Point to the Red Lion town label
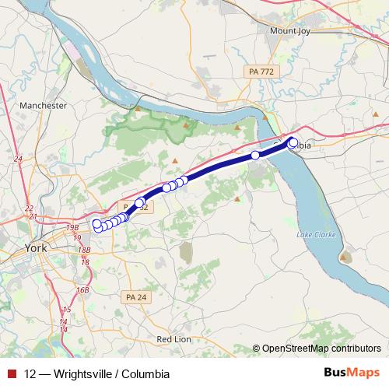[x=174, y=339]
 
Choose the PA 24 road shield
[x=135, y=296]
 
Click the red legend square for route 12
[x=11, y=373]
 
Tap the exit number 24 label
[x=18, y=159]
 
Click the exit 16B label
[x=82, y=290]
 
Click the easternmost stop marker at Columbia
[x=293, y=142]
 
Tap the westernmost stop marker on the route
[x=97, y=225]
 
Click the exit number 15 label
[x=67, y=310]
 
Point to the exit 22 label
[x=29, y=208]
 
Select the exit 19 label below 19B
[x=77, y=237]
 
